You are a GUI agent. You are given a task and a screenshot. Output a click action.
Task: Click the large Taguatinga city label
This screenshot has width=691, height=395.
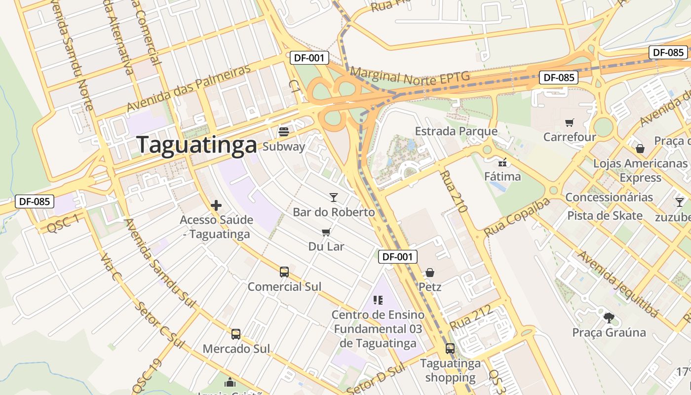[x=197, y=145]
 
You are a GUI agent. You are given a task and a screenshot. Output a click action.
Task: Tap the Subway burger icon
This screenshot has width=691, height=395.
[x=284, y=132]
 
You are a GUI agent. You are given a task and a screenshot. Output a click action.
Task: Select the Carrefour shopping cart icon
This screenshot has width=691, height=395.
[x=570, y=122]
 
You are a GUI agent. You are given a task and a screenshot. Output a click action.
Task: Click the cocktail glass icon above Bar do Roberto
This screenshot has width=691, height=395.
[x=334, y=197]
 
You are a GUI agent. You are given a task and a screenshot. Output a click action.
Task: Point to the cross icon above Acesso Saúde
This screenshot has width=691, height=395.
[x=216, y=205]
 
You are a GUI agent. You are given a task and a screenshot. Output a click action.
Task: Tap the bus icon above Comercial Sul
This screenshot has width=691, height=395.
[x=284, y=272]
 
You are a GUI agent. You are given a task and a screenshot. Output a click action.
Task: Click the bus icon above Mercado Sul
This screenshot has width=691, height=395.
[x=236, y=334]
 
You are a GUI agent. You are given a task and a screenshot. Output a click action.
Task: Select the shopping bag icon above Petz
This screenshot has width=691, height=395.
[x=430, y=273]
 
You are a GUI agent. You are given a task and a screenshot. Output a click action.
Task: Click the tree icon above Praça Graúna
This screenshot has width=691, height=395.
[x=609, y=317]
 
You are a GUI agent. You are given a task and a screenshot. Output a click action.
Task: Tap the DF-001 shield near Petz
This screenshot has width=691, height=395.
[x=398, y=257]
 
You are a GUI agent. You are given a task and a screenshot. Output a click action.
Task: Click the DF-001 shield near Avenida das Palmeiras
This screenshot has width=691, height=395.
[x=309, y=58]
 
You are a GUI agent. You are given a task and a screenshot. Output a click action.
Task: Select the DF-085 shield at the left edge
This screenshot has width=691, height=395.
[x=34, y=201]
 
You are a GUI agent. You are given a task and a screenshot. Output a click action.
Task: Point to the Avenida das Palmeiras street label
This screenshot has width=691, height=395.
[x=189, y=88]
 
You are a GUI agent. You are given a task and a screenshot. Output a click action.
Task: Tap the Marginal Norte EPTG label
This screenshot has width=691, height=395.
[x=409, y=77]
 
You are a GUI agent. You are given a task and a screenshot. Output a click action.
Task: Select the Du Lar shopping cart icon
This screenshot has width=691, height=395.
[x=326, y=232]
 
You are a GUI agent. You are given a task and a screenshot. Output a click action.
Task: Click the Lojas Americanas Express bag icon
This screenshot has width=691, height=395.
[x=640, y=149]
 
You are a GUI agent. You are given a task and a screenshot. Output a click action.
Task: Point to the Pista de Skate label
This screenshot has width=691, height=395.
[x=605, y=216]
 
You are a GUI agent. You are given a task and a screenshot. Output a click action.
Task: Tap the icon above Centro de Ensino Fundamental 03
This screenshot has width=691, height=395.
[x=378, y=300]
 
